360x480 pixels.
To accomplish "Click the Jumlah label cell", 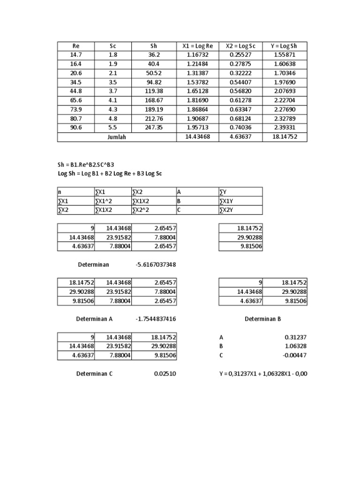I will point(116,137).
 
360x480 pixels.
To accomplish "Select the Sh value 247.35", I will point(154,128).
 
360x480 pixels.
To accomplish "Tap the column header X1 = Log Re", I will point(197,46).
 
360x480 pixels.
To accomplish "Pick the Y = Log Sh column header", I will point(285,46).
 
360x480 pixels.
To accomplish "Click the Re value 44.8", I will point(76,91).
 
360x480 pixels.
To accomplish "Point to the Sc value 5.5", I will point(113,128).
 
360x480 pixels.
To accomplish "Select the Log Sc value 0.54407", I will point(241,82).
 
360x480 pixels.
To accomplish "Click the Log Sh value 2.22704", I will point(285,101).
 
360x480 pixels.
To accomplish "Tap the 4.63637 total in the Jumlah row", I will point(241,137).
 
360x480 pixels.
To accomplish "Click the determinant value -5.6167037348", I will point(156,265).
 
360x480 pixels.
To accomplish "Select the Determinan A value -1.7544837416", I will point(156,319).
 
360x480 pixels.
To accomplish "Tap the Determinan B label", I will point(263,319).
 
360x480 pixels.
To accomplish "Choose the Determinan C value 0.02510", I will point(166,374).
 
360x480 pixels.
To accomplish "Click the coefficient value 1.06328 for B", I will point(295,346).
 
